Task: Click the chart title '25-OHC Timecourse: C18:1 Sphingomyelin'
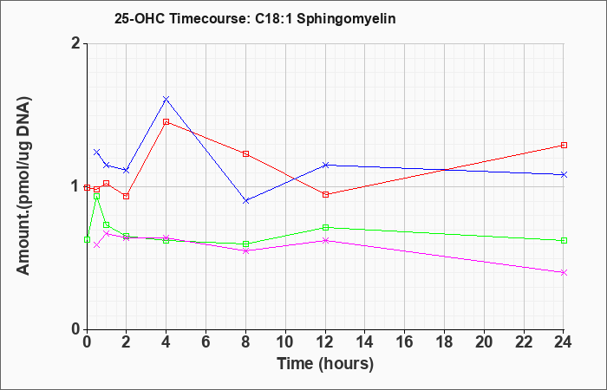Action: (x=255, y=18)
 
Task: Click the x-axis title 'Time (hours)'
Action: (x=325, y=364)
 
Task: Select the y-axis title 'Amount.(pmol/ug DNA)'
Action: (x=24, y=185)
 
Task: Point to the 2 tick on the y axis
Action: (x=76, y=43)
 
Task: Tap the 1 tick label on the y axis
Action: (x=76, y=187)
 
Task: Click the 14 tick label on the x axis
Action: (x=365, y=342)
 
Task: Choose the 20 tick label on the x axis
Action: (x=484, y=342)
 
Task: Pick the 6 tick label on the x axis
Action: (x=206, y=342)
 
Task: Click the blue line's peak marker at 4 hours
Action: (x=166, y=99)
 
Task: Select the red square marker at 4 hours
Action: (x=166, y=122)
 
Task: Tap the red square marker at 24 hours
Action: (x=564, y=145)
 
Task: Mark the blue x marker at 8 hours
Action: (x=245, y=201)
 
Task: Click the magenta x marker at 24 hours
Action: (x=564, y=273)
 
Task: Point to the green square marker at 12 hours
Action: (x=325, y=227)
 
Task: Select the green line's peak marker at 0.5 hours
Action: (x=97, y=196)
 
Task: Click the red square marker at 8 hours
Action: (x=245, y=153)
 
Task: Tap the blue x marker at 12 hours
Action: (x=325, y=166)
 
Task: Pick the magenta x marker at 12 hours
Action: (x=325, y=240)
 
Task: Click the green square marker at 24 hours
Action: (x=564, y=241)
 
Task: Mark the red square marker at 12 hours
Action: (x=325, y=194)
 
